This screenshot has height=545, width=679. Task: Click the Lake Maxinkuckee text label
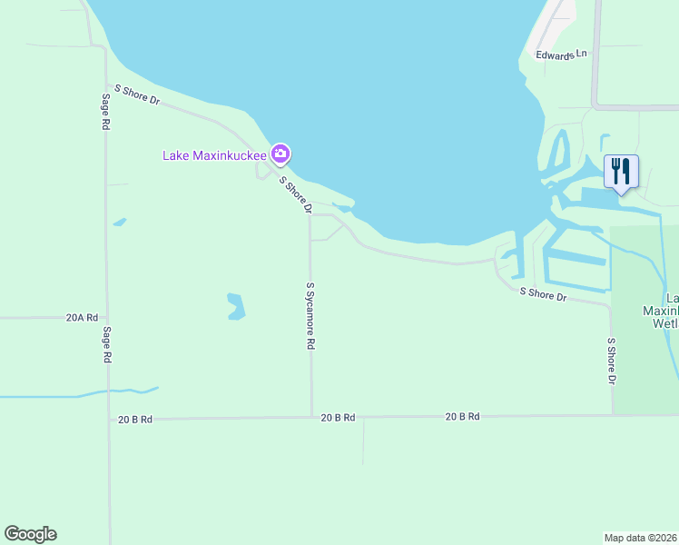point(214,155)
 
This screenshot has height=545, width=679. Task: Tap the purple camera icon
point(280,154)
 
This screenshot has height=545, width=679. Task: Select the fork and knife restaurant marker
point(621,171)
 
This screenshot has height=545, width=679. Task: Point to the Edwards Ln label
point(561,55)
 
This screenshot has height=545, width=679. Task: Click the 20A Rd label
point(81,318)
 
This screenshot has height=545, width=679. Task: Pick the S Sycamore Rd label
point(310,316)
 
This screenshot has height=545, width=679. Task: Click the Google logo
point(30,534)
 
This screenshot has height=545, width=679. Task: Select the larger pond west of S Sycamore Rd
point(236,306)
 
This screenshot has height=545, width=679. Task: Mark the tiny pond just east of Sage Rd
point(120,222)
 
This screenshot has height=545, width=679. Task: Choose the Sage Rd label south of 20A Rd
point(107,345)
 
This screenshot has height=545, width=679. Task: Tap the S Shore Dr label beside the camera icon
point(295,195)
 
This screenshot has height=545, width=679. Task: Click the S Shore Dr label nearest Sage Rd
point(136,94)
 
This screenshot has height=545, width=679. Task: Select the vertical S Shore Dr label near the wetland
point(611,361)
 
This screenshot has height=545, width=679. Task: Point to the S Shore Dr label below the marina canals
point(543,294)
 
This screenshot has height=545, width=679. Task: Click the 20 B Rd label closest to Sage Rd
point(134,420)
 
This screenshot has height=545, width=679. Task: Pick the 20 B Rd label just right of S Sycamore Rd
point(337,417)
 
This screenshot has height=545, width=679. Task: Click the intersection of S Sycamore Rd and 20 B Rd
point(311,417)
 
